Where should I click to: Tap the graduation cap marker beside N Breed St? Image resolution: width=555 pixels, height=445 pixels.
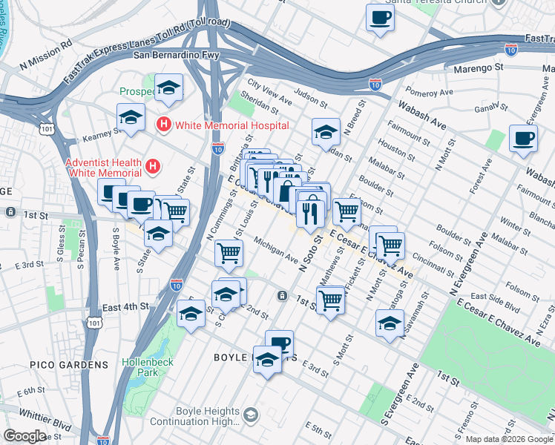pyautogui.click(x=326, y=132)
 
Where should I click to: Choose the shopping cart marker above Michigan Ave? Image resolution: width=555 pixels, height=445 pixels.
pyautogui.click(x=229, y=253)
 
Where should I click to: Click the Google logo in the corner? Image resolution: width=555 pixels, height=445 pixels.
pyautogui.click(x=24, y=436)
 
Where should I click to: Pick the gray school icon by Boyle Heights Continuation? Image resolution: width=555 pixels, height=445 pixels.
pyautogui.click(x=251, y=414)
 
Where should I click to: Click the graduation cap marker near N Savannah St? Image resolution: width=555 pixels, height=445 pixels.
pyautogui.click(x=390, y=323)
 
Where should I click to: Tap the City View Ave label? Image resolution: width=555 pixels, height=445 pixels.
pyautogui.click(x=270, y=93)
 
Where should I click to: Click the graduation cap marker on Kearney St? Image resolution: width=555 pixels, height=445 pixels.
pyautogui.click(x=131, y=117)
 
